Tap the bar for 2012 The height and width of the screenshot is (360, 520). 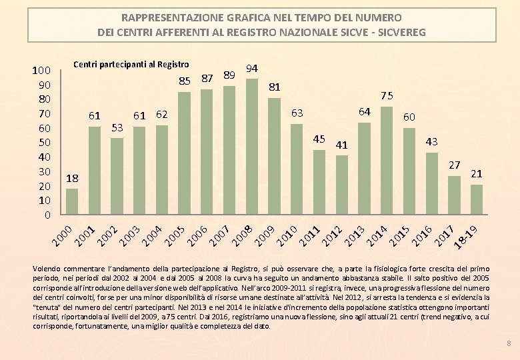coord(342,185)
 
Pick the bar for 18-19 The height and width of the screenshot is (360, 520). coord(476,199)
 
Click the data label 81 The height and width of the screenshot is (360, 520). coord(275,87)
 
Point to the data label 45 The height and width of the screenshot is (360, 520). coord(319,139)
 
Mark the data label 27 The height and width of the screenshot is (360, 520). coord(454,165)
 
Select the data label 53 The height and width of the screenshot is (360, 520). coord(117,127)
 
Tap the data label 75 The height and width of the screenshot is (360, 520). coord(387,95)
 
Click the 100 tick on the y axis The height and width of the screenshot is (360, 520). coord(42,71)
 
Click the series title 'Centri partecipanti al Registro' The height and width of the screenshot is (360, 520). coord(131,65)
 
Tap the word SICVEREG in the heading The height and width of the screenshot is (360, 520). coord(397,31)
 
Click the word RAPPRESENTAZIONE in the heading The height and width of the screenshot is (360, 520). coord(171,17)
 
